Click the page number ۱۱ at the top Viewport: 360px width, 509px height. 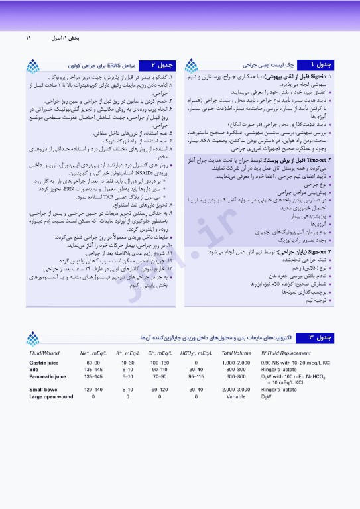(x=29, y=38)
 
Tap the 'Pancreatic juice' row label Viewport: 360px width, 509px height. (x=48, y=376)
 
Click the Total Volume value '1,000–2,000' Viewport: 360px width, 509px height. (x=236, y=363)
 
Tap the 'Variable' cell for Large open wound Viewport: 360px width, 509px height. (x=236, y=396)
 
